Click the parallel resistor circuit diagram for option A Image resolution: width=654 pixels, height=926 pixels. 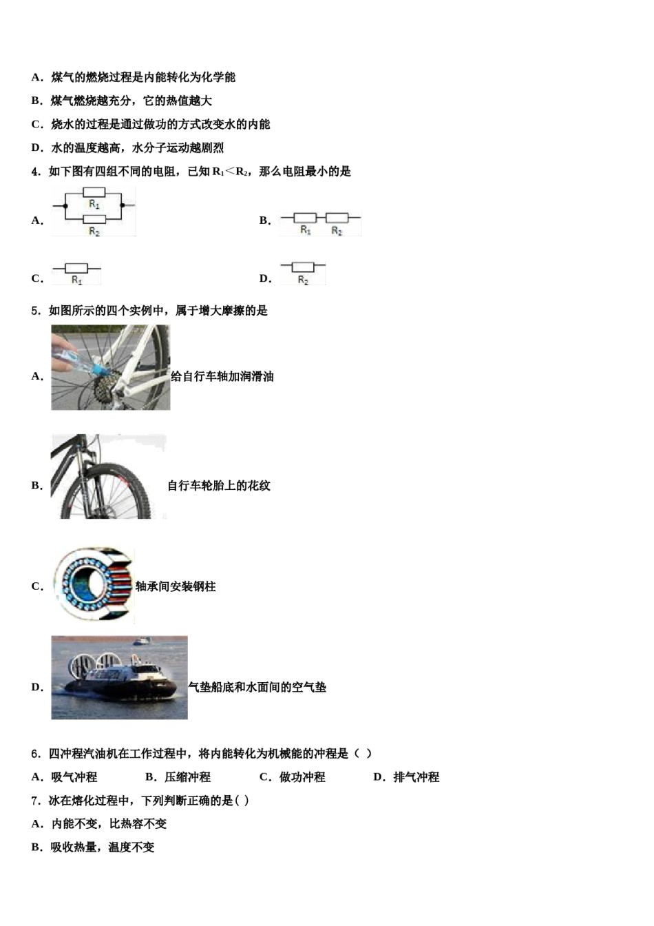tap(94, 212)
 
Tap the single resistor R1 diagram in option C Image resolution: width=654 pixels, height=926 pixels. tap(76, 273)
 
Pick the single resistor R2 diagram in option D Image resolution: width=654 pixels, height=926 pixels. tap(303, 272)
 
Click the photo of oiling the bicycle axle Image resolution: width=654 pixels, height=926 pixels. tap(110, 367)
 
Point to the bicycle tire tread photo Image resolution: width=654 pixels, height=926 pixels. tap(108, 477)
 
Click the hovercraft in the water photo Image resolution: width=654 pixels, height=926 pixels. tap(119, 677)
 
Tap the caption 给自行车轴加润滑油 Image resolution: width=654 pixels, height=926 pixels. tap(222, 376)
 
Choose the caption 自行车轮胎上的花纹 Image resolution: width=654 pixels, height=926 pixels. tap(219, 486)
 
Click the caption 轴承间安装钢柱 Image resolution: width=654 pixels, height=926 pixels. tap(176, 586)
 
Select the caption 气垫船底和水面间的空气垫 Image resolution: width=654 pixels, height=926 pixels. tap(257, 687)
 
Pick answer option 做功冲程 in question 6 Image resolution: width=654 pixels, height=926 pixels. tap(302, 777)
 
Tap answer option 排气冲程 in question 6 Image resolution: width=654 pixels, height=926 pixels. tap(416, 777)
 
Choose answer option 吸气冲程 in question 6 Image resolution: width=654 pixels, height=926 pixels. tap(74, 777)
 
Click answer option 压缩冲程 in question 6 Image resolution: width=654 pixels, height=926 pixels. tap(187, 777)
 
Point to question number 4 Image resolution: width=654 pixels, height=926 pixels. tap(36, 172)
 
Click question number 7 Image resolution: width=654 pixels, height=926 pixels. tap(36, 801)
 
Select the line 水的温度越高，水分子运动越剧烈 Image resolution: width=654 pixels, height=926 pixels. tap(137, 148)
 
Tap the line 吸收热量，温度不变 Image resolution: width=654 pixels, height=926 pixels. tap(103, 847)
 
